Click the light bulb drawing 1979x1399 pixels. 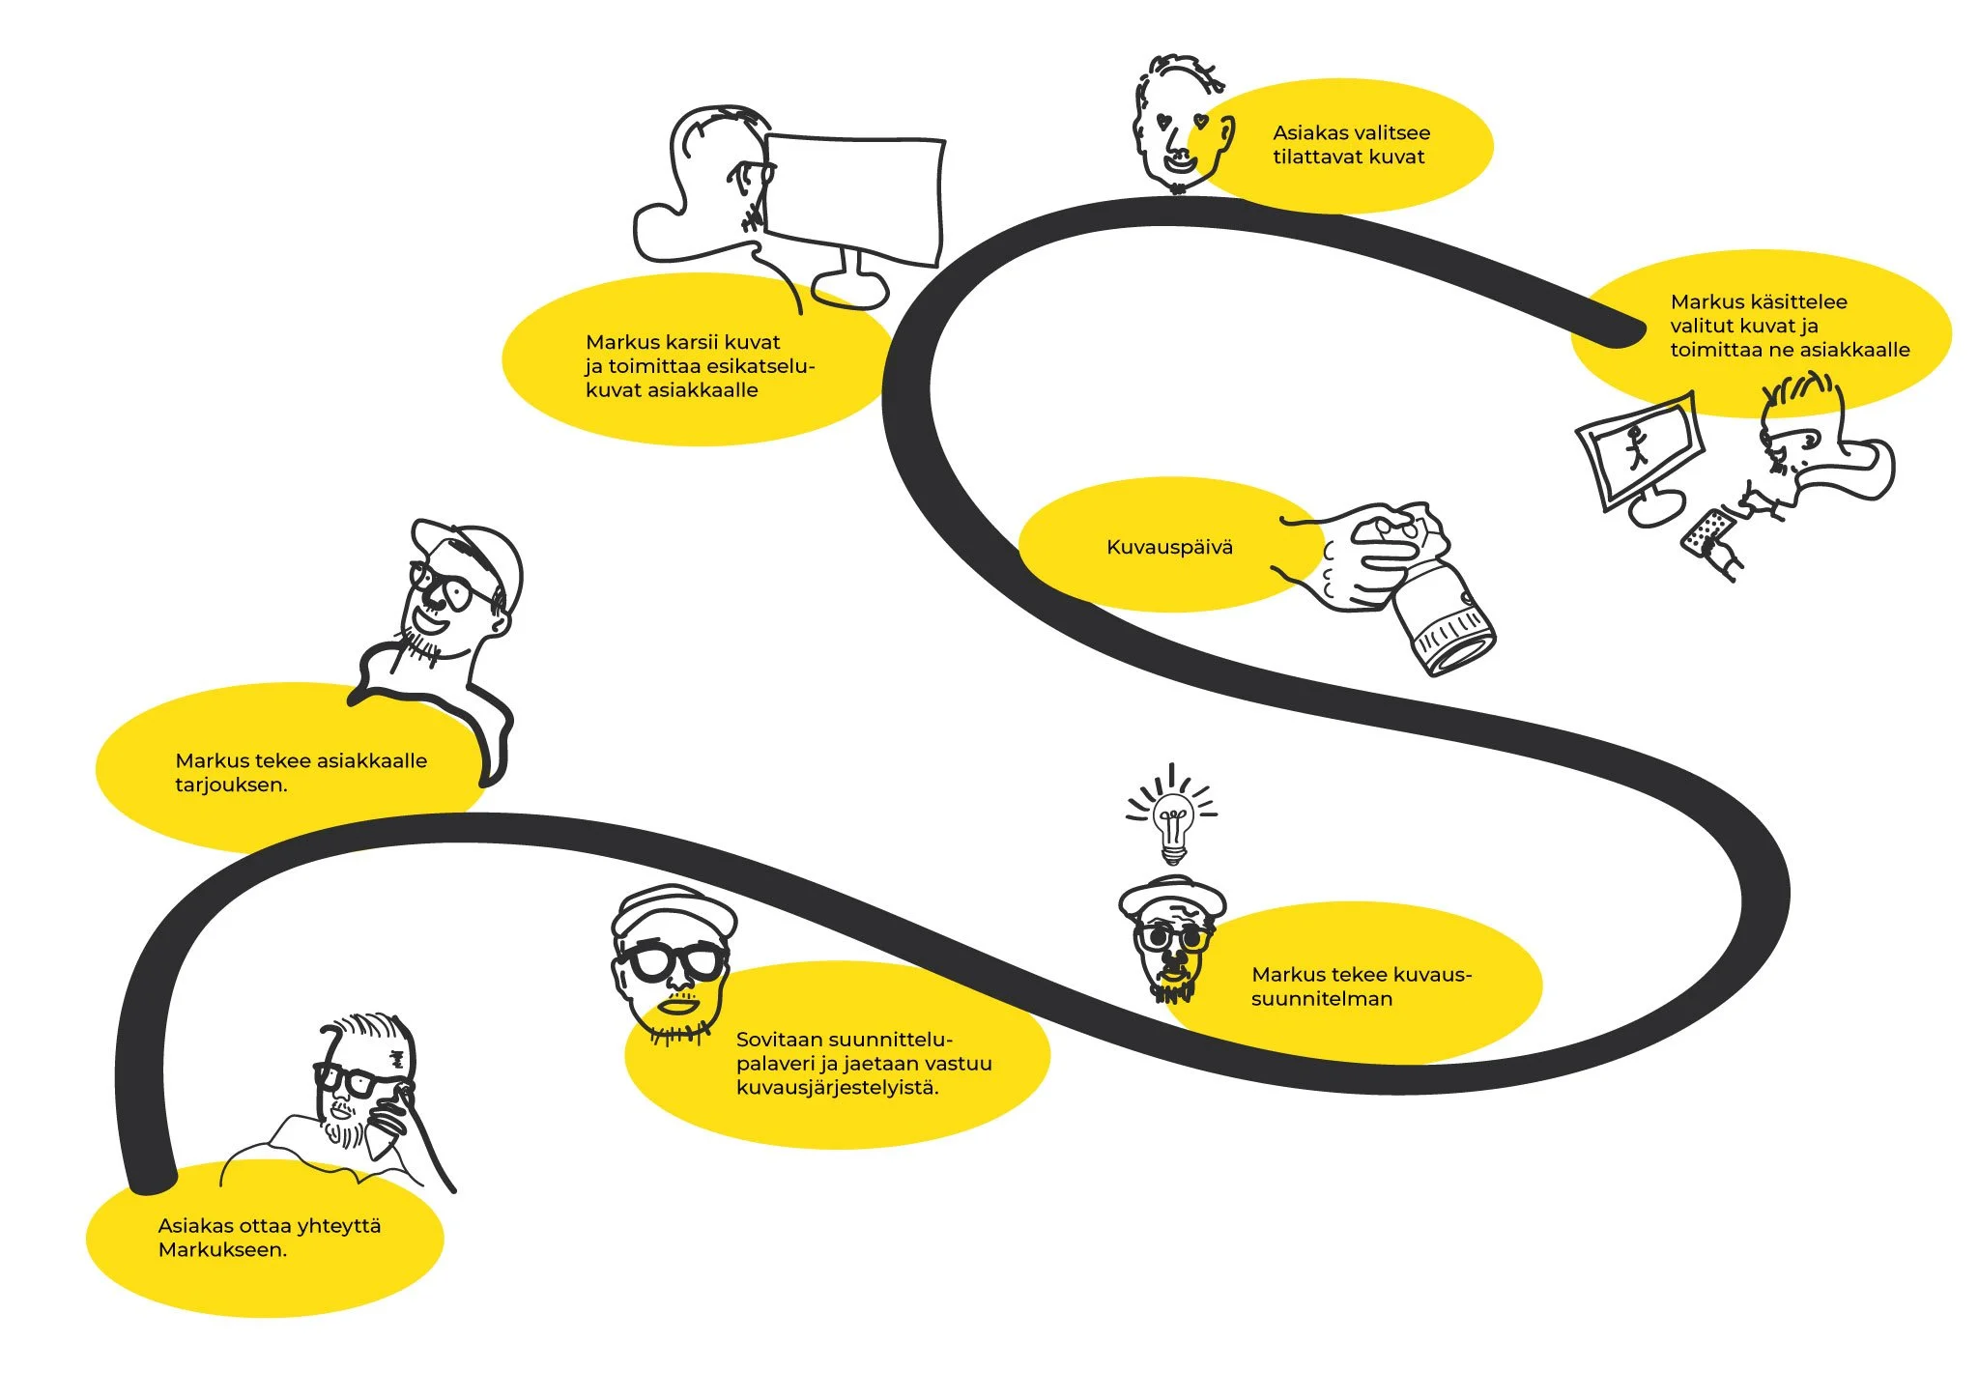1172,820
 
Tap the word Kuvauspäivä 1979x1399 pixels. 1169,547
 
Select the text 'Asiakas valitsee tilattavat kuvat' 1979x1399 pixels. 1350,145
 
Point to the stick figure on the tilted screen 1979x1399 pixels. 1636,447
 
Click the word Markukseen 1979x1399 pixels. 222,1249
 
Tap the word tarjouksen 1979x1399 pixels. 231,785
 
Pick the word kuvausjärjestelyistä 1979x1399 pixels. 837,1087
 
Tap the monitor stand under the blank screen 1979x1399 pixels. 851,280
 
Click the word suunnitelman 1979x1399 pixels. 1321,998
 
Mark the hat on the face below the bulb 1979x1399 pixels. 1172,897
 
